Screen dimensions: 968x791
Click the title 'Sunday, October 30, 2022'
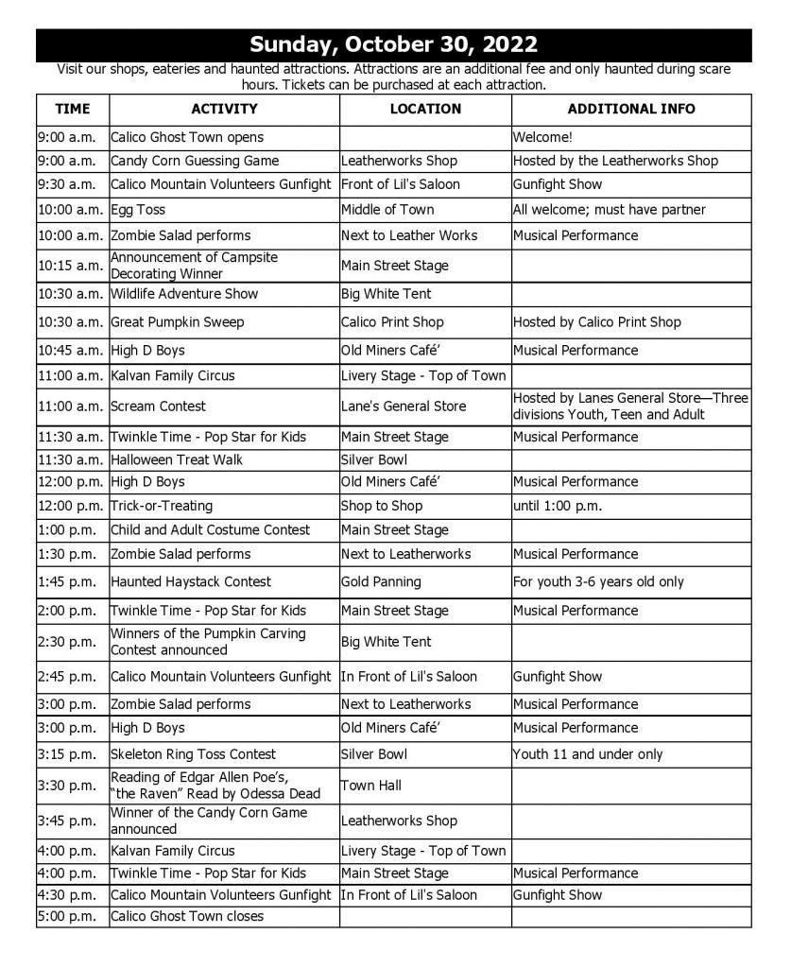point(394,44)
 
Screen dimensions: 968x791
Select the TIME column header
point(73,109)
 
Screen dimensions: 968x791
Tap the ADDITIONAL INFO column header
point(630,109)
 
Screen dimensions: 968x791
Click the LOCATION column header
point(425,109)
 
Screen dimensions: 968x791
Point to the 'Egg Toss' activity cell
point(138,210)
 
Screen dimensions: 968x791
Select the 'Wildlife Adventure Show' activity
point(184,294)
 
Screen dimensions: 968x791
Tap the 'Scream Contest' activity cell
point(158,406)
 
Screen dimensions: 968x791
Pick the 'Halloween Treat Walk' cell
point(177,460)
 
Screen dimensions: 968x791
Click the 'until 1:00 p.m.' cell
point(558,506)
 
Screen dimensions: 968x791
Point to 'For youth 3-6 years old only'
point(598,582)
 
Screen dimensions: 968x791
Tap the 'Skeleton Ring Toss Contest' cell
point(193,754)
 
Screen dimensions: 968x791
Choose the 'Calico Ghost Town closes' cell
point(187,916)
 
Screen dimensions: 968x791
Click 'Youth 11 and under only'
point(588,754)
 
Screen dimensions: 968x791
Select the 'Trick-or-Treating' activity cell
point(162,506)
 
